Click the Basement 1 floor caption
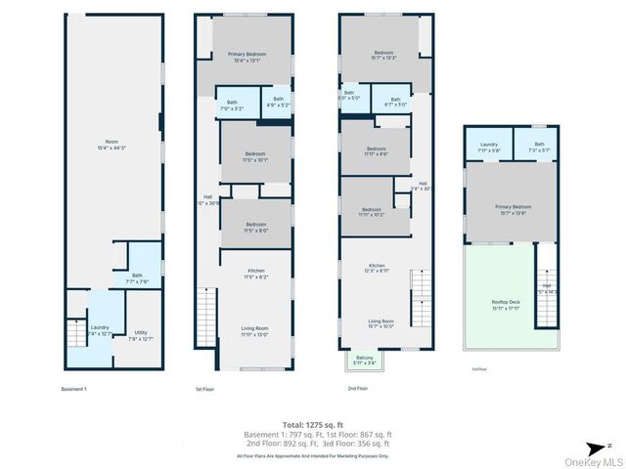pos(73,389)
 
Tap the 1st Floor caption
pos(204,389)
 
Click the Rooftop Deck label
pos(506,304)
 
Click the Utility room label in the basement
pos(141,335)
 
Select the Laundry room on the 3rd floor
pos(489,147)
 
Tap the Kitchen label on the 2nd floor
pos(377,268)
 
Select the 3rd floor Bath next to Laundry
pos(539,147)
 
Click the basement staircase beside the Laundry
pos(75,333)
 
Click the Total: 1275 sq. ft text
pos(312,424)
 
